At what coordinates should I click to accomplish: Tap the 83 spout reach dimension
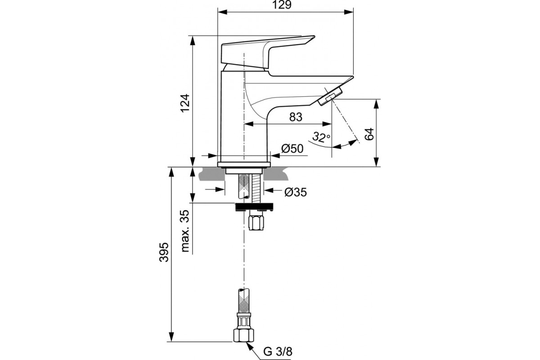pos(295,117)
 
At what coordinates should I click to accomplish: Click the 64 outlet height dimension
pos(369,134)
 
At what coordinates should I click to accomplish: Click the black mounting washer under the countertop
pos(254,207)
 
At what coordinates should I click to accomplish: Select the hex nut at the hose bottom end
pos(243,335)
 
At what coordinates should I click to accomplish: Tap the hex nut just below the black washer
pos(256,222)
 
